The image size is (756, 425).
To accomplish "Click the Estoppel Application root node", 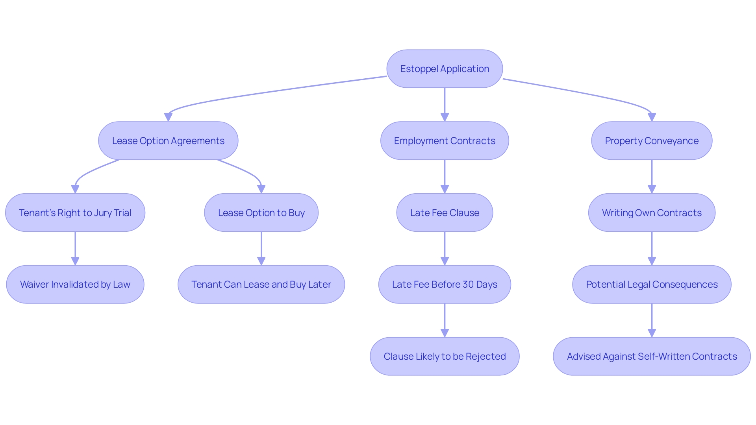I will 445,69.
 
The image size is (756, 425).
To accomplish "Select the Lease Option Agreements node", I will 168,140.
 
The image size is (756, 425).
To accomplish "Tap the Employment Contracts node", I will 445,140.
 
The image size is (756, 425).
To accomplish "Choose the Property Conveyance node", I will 652,140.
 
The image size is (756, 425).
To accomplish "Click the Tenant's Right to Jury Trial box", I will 75,213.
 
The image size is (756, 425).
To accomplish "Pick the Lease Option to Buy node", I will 261,213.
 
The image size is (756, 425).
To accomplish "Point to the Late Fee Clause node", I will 445,213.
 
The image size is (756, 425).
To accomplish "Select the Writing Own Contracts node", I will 652,213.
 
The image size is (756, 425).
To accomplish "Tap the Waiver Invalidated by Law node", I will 75,284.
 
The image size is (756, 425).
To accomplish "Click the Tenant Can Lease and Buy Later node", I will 261,284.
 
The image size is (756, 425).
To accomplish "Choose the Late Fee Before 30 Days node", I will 445,284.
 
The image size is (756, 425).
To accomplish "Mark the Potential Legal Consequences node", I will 652,284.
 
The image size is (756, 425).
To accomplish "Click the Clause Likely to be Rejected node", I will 445,356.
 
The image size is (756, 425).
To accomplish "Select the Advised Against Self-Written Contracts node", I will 652,356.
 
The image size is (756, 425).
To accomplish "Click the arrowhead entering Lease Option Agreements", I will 168,117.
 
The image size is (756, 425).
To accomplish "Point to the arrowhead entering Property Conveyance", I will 652,117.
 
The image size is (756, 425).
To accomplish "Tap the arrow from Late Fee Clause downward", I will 445,248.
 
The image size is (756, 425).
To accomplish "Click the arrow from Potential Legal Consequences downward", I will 652,320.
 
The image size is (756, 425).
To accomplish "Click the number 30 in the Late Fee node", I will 468,284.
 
